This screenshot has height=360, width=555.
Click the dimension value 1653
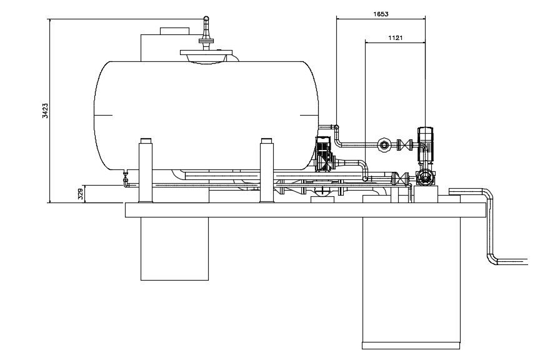381,14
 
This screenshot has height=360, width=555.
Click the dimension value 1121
395,38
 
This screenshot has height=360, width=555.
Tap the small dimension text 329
80,194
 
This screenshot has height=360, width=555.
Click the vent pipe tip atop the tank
205,21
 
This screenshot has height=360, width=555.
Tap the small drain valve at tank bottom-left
125,179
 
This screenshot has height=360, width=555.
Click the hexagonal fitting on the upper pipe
384,146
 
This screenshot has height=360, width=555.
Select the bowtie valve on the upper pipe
406,146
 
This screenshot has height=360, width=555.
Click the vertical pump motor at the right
426,139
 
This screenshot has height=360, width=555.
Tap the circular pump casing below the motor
426,177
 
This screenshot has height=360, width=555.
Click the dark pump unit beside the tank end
324,154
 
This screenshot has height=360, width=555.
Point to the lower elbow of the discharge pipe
491,258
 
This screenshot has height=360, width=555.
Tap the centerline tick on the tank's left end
103,115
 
